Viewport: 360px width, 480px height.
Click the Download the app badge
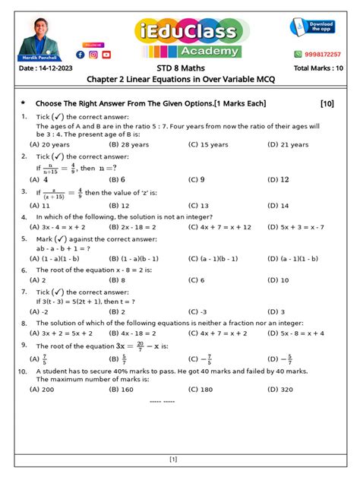[x=314, y=28]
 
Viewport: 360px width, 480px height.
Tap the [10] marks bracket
[x=327, y=103]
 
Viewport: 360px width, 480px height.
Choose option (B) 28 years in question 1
[x=129, y=144]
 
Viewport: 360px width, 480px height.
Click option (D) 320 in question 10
[x=280, y=389]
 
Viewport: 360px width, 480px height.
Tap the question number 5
[x=24, y=238]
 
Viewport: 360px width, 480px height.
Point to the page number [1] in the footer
[x=173, y=459]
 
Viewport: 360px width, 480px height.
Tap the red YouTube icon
[x=106, y=54]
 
